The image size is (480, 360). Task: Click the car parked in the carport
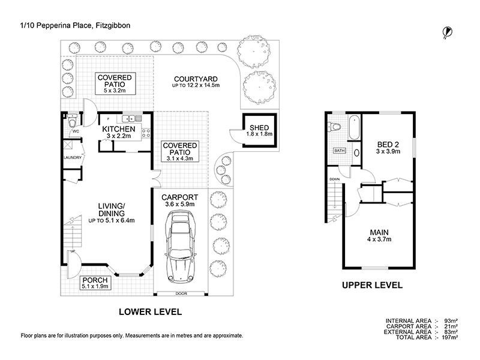(181, 250)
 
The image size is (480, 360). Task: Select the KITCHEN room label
(118, 129)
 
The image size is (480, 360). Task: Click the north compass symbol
(446, 31)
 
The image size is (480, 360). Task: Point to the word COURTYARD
(195, 79)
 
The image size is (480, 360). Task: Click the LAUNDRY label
(72, 158)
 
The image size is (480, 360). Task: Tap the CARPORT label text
(180, 197)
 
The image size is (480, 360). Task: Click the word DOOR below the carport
(181, 293)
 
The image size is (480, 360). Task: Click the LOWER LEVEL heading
(149, 312)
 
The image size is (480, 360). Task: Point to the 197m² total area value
(449, 338)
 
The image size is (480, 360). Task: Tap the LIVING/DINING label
(111, 209)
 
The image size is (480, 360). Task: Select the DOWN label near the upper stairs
(334, 179)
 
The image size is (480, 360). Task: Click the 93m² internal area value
(451, 321)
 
